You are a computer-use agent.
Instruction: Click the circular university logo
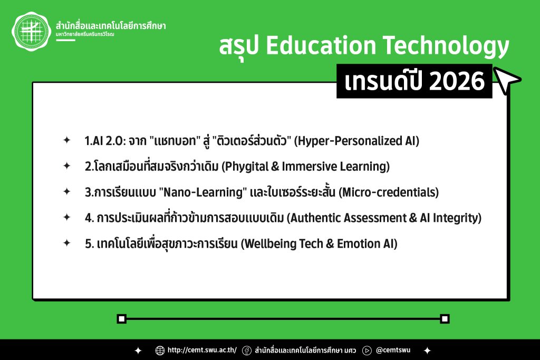(x=31, y=32)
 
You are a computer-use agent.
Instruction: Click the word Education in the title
(x=321, y=45)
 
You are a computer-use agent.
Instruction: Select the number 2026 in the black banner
(x=457, y=81)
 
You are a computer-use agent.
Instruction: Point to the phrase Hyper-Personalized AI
(x=357, y=141)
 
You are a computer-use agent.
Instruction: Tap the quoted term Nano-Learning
(x=203, y=192)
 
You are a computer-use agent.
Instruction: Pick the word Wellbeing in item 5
(x=270, y=244)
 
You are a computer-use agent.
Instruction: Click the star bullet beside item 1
(x=67, y=140)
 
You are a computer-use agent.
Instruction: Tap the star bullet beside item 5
(x=67, y=243)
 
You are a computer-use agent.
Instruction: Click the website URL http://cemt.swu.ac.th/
(x=202, y=350)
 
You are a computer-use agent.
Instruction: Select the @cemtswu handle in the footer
(x=393, y=350)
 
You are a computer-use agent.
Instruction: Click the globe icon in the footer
(x=160, y=351)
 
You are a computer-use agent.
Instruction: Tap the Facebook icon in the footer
(x=247, y=351)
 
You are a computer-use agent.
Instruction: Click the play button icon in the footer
(x=367, y=351)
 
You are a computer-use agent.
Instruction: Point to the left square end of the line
(x=122, y=319)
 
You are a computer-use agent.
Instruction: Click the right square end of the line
(x=445, y=319)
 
